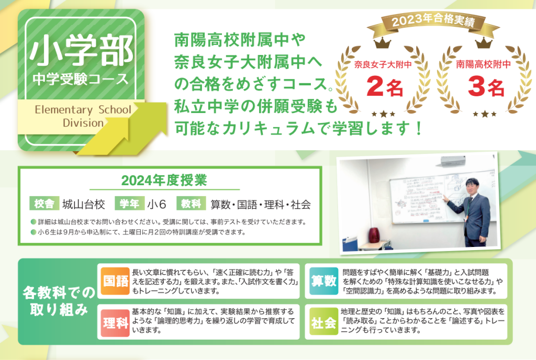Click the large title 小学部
[x=81, y=51]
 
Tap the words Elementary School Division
[x=83, y=116]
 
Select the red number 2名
[x=385, y=86]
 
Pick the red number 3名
[x=486, y=86]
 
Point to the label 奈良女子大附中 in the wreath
[x=383, y=64]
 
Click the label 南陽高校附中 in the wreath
[x=483, y=64]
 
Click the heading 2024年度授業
[x=164, y=181]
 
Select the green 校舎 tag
[x=44, y=204]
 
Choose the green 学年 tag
[x=130, y=204]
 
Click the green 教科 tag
[x=191, y=204]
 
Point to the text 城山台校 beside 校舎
[x=83, y=204]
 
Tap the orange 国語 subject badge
[x=115, y=281]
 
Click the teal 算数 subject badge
[x=323, y=281]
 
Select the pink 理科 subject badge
[x=115, y=322]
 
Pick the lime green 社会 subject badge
[x=323, y=322]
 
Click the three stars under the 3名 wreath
[x=484, y=114]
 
